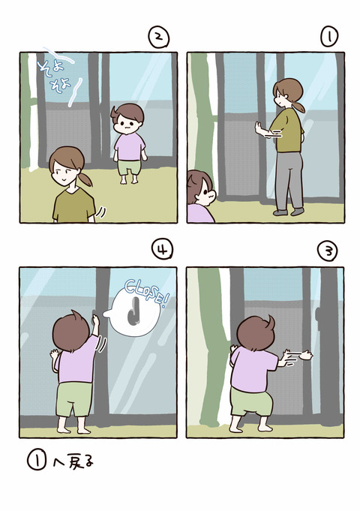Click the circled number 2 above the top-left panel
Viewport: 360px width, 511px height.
(x=159, y=38)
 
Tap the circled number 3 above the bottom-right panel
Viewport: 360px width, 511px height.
(x=328, y=251)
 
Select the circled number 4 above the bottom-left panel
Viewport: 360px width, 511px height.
(x=163, y=250)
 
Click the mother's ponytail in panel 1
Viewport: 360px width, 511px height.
(x=298, y=106)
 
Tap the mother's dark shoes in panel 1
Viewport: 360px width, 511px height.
(x=288, y=212)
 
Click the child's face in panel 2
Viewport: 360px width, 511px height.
(x=127, y=123)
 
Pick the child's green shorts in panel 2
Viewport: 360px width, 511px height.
(x=130, y=167)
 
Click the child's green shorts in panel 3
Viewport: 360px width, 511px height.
(x=251, y=402)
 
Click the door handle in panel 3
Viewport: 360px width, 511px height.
(x=318, y=314)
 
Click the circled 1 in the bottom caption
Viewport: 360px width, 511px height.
(x=37, y=461)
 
